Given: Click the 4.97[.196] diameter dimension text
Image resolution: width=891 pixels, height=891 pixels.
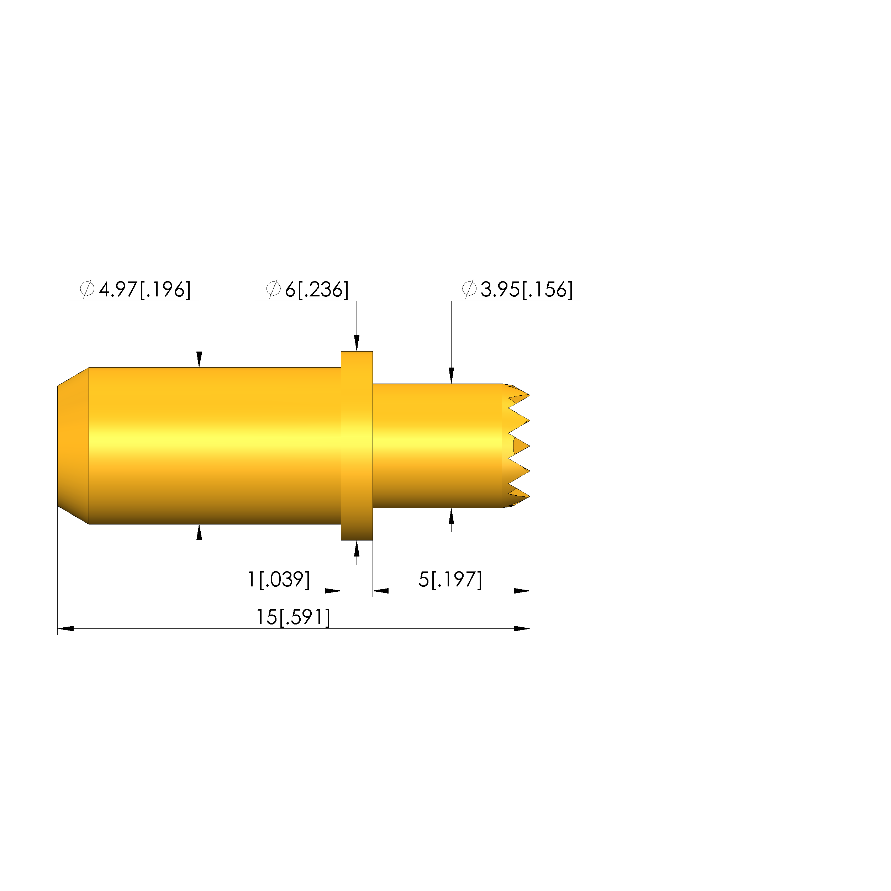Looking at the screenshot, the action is tap(144, 290).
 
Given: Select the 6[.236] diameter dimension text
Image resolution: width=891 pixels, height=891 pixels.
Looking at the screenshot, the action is tap(316, 290).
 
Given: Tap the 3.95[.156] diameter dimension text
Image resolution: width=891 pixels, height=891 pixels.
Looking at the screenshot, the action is tap(526, 290).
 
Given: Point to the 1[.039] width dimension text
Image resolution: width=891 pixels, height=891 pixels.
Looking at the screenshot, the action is tap(279, 579).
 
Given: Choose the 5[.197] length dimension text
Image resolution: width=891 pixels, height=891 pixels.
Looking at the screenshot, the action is tap(450, 579).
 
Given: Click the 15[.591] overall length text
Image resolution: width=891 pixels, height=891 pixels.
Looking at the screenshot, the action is tap(293, 617).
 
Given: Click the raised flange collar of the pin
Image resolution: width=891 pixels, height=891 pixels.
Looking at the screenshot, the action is tap(357, 445).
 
